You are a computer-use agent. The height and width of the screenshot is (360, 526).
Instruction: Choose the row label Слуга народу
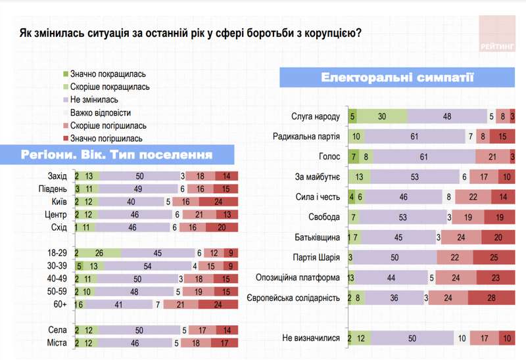click(x=315, y=117)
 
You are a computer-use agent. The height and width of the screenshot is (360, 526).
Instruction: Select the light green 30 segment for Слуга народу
click(x=382, y=117)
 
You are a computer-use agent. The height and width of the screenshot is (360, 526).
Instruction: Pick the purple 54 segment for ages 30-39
click(x=147, y=265)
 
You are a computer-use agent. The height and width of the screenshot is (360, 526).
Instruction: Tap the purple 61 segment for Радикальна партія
click(x=414, y=137)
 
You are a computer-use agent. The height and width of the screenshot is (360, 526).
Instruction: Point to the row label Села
click(x=57, y=330)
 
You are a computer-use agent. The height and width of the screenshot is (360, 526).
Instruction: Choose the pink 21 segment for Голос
click(x=492, y=157)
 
